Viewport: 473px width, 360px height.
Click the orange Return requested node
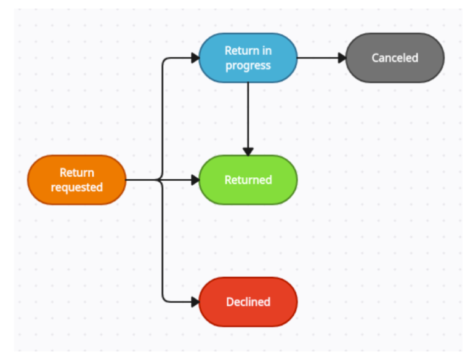click(76, 180)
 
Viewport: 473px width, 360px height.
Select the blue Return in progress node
click(248, 58)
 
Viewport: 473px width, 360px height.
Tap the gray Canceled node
click(395, 58)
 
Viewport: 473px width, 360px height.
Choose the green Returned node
click(248, 180)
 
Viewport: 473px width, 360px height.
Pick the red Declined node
click(248, 302)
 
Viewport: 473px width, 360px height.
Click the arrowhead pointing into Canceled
click(342, 58)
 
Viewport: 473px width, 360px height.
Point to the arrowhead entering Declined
click(195, 302)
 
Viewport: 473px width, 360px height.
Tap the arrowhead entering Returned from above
click(248, 151)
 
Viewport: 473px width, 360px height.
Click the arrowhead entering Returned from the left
click(195, 180)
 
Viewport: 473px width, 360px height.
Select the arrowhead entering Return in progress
click(195, 58)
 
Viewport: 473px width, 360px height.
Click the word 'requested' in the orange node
click(76, 187)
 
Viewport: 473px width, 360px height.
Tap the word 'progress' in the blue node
click(248, 65)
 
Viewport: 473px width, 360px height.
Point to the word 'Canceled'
click(395, 58)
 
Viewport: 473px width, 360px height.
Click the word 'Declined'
click(248, 302)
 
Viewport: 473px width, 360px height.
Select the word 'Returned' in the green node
click(248, 180)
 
